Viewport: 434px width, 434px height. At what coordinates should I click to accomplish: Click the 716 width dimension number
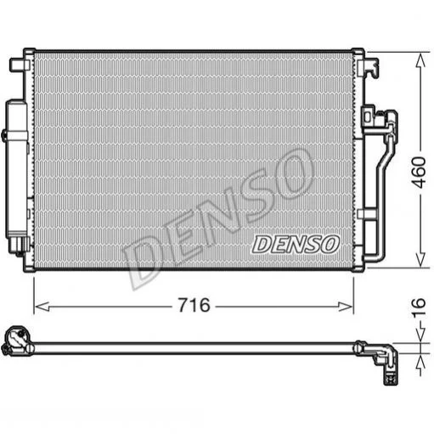coord(194,306)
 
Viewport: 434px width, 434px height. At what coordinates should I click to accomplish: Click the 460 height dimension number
coord(419,172)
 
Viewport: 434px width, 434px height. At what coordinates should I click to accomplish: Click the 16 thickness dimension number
coord(419,307)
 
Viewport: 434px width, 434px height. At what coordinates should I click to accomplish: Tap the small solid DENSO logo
coord(296,245)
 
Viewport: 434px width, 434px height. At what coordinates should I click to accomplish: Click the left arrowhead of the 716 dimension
coord(42,307)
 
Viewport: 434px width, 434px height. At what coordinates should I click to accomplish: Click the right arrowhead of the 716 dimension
coord(346,307)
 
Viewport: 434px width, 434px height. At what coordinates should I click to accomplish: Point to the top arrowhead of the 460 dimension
coord(420,61)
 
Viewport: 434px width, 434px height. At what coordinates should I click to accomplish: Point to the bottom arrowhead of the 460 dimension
coord(420,259)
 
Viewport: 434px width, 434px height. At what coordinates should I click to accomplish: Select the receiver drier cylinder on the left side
coord(17,170)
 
